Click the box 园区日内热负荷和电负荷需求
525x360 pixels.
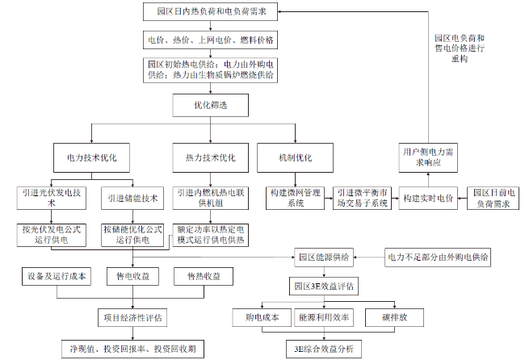coord(210,12)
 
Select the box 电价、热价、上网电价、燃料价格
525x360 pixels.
coord(210,40)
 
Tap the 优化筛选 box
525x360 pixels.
coord(210,106)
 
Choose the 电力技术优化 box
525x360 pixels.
coord(91,158)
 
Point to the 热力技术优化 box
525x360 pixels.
coord(210,158)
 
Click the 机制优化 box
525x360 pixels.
coord(295,158)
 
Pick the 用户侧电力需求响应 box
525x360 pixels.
coord(428,158)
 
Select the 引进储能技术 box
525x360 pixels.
coord(132,199)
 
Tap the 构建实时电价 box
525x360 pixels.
coord(428,199)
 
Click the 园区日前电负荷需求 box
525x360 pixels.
coord(493,199)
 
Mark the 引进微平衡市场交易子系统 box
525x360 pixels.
coord(362,199)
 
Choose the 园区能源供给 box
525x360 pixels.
coord(324,257)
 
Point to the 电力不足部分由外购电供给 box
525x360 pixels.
coord(438,257)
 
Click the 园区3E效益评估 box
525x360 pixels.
coord(324,287)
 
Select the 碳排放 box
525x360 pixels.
coord(394,317)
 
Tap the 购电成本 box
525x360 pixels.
coord(262,317)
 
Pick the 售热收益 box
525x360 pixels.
coord(204,276)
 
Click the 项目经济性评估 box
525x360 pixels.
coord(132,318)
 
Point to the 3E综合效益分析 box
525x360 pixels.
coord(324,350)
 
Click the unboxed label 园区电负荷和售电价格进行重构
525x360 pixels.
coord(460,48)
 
